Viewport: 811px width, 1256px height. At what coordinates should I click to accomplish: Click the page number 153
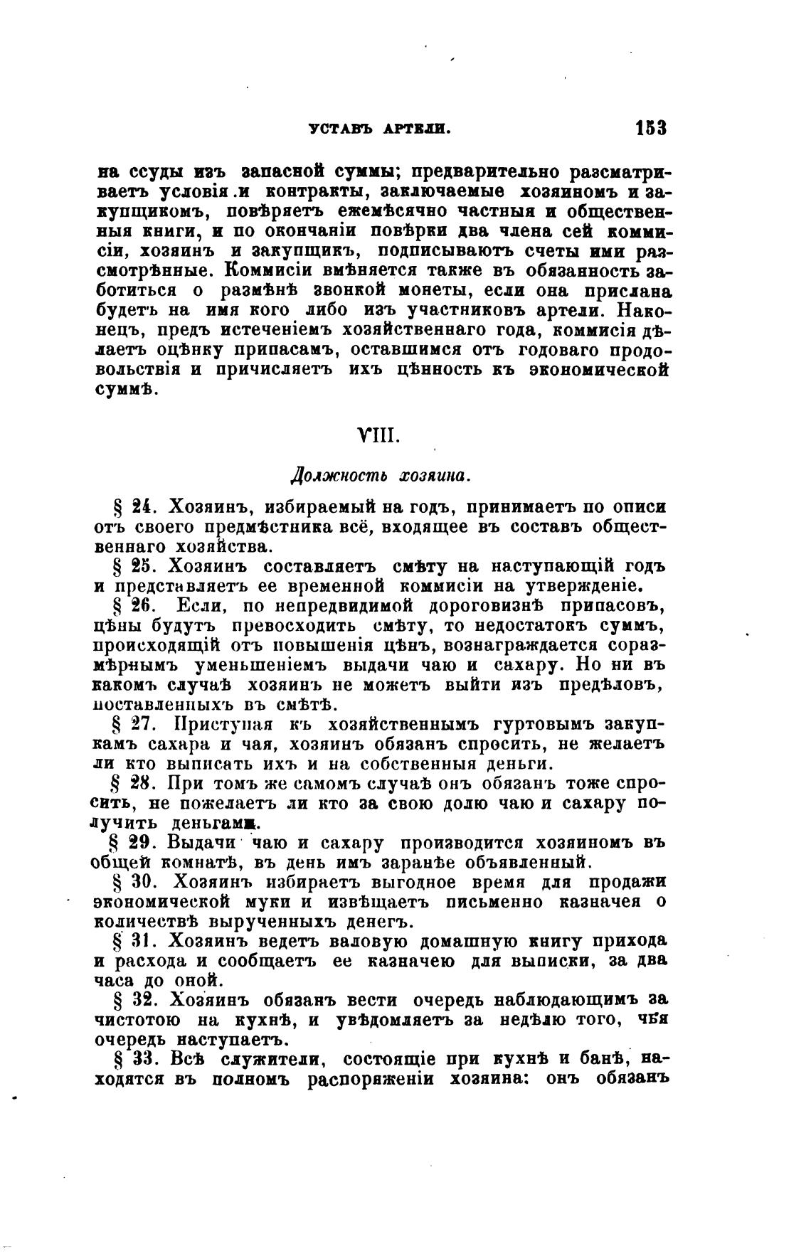[650, 129]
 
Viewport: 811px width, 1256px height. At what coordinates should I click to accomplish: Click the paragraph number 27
[138, 725]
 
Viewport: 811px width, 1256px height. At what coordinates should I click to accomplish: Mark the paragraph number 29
[138, 843]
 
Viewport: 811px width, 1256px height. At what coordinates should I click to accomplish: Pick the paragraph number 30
[138, 883]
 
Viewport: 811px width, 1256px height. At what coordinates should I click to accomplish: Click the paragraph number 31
[138, 941]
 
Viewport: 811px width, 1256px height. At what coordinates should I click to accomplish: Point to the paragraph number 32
[138, 1000]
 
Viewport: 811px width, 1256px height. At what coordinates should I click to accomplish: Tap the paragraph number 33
[138, 1059]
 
